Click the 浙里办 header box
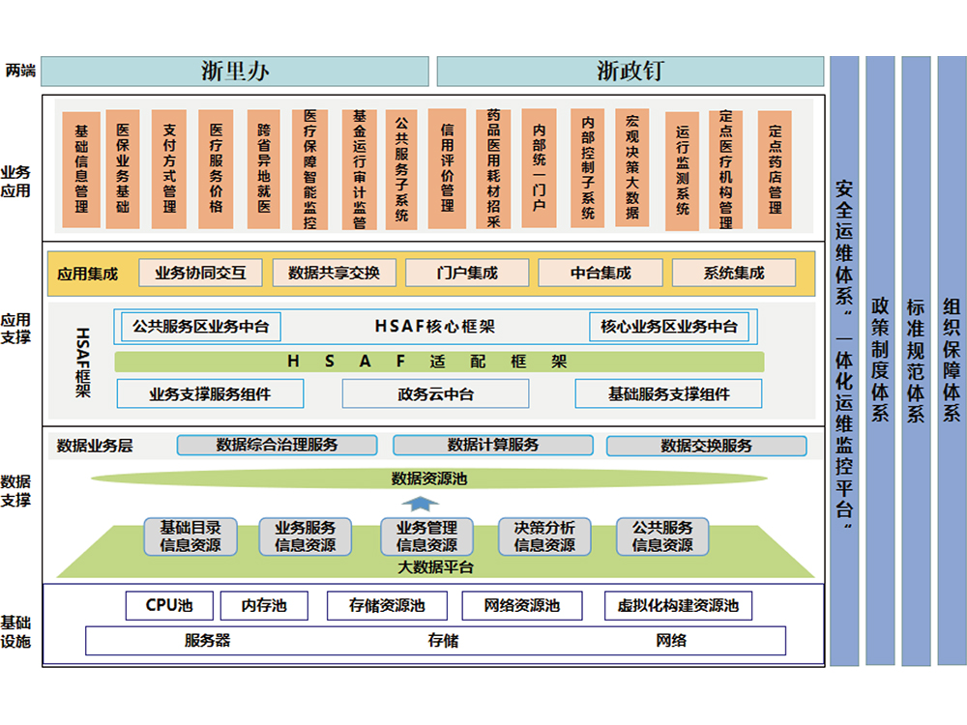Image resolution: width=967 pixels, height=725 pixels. pyautogui.click(x=235, y=72)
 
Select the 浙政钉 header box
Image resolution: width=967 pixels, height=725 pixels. pyautogui.click(x=630, y=72)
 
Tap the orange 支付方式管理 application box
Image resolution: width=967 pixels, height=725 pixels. pyautogui.click(x=169, y=168)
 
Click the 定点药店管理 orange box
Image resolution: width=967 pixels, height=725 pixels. pyautogui.click(x=775, y=168)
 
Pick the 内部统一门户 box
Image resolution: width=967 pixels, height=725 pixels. pyautogui.click(x=539, y=168)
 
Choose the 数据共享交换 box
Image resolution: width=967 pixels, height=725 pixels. pyautogui.click(x=334, y=274)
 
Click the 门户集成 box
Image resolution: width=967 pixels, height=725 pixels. pyautogui.click(x=467, y=274)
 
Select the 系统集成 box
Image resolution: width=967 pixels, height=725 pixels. pyautogui.click(x=733, y=274)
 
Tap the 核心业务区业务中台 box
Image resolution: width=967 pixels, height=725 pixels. pyautogui.click(x=668, y=327)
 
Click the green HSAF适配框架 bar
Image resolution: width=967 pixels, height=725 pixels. pyautogui.click(x=439, y=362)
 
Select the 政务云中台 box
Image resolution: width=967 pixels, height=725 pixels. pyautogui.click(x=435, y=393)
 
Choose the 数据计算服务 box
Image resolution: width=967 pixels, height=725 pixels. pyautogui.click(x=493, y=446)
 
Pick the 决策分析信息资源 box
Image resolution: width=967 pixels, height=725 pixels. pyautogui.click(x=544, y=536)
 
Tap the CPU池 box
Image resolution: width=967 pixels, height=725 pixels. pyautogui.click(x=168, y=606)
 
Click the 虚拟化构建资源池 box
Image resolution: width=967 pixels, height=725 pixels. pyautogui.click(x=678, y=606)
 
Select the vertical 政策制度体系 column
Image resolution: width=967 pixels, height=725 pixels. pyautogui.click(x=880, y=361)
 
